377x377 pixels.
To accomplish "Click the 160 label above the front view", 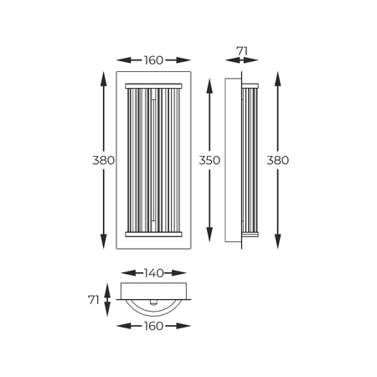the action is pyautogui.click(x=153, y=60).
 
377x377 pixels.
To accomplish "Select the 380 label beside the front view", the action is pyautogui.click(x=104, y=160).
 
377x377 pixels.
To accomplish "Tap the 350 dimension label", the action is pyautogui.click(x=209, y=160).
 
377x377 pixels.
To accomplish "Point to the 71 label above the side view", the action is pyautogui.click(x=242, y=51).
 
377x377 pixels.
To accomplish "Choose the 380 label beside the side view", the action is pyautogui.click(x=277, y=160).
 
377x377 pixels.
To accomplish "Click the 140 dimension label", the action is pyautogui.click(x=153, y=273).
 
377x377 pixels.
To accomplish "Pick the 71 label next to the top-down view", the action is pyautogui.click(x=94, y=300).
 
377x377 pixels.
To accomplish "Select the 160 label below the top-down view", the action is pyautogui.click(x=153, y=326).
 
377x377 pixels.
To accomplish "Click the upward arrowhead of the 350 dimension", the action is pyautogui.click(x=209, y=86).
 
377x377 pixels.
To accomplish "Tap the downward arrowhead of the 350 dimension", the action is pyautogui.click(x=209, y=235).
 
